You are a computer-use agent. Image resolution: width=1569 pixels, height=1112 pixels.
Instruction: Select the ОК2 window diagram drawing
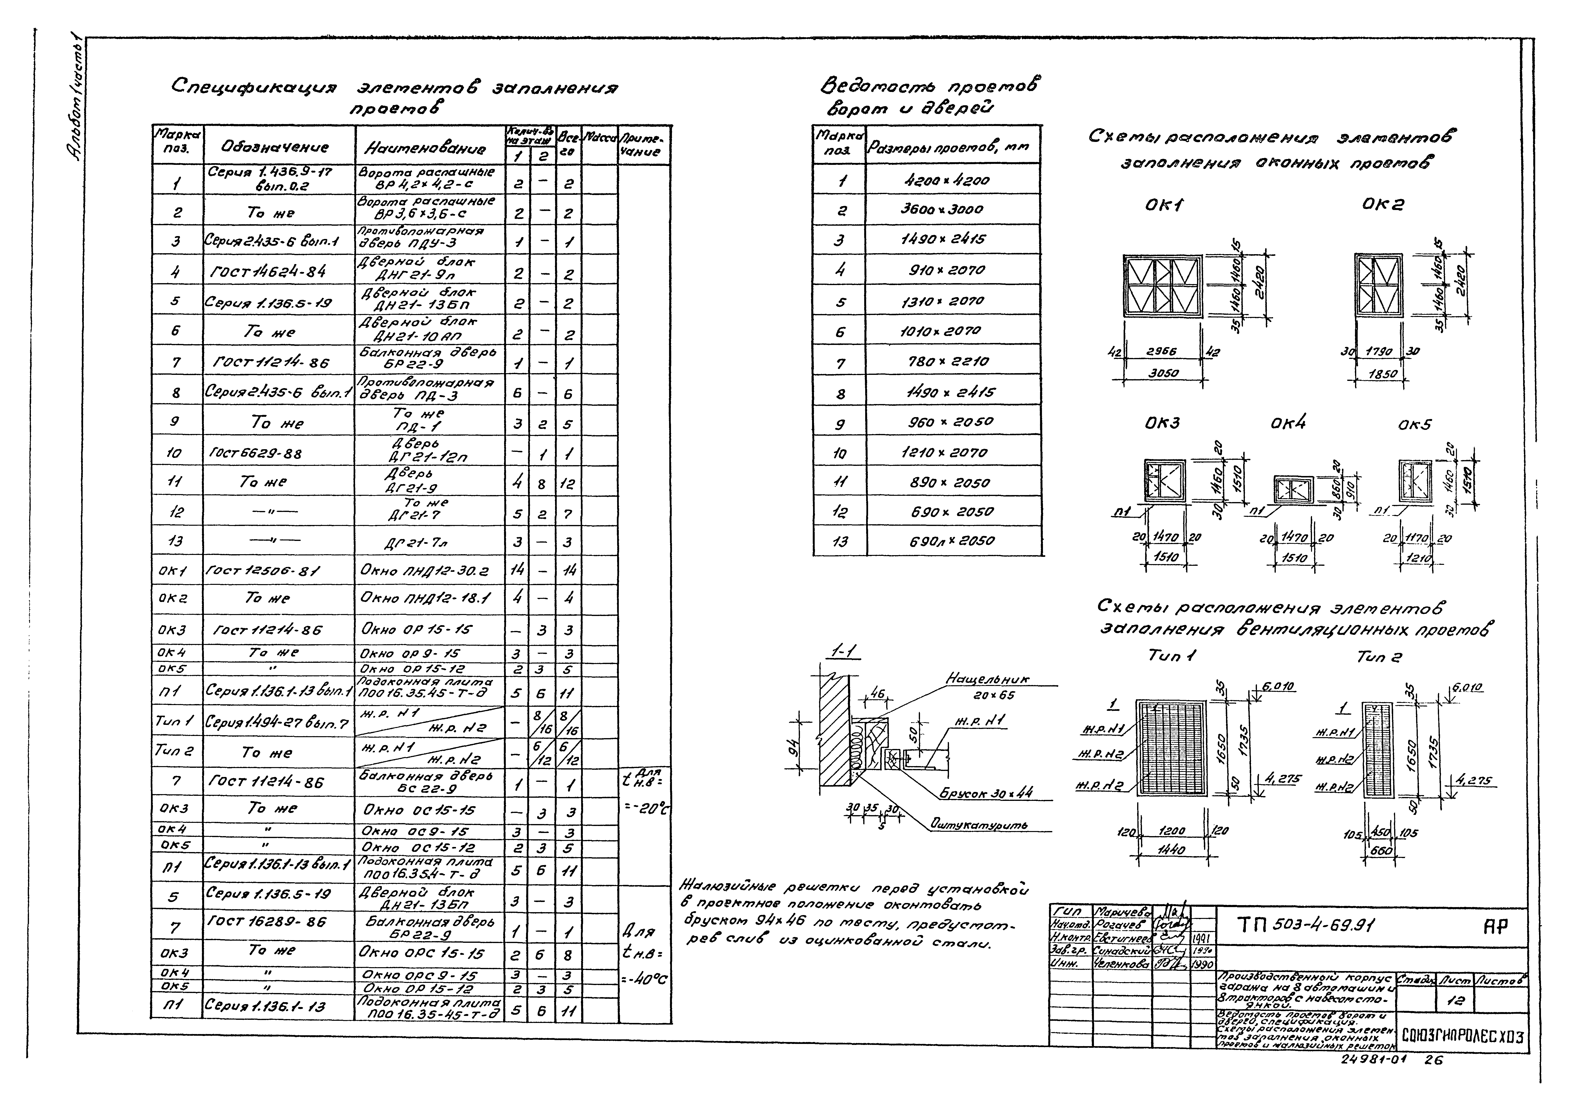[1379, 286]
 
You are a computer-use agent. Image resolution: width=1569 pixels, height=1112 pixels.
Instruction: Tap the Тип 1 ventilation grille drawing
[1172, 748]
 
